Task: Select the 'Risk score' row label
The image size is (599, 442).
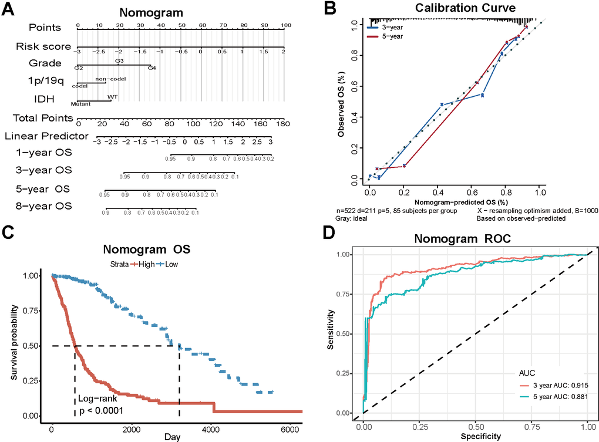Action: coord(43,47)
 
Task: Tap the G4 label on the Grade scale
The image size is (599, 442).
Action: coord(152,69)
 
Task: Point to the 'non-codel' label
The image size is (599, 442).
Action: coord(110,78)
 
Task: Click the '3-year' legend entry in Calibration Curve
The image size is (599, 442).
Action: coord(391,27)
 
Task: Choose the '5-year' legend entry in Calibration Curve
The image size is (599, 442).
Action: coord(391,36)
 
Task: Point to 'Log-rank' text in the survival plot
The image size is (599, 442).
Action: coord(98,399)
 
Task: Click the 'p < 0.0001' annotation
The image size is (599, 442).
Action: coord(101,410)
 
